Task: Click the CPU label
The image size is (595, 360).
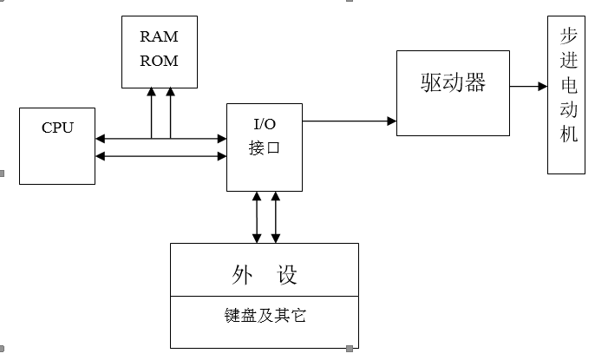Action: (x=57, y=128)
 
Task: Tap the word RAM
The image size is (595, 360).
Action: (x=159, y=37)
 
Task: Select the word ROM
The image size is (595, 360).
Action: (x=159, y=61)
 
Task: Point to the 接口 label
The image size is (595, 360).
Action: (x=265, y=147)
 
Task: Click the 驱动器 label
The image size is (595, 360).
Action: (x=453, y=83)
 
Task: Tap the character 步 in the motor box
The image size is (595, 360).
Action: (x=569, y=38)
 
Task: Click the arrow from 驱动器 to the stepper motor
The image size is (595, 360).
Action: (x=528, y=86)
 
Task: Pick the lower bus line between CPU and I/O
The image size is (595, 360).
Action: (x=160, y=156)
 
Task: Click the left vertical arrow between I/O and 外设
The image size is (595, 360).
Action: (x=257, y=217)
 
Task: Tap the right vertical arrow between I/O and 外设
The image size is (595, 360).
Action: (x=276, y=217)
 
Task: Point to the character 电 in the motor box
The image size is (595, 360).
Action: (x=569, y=88)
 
